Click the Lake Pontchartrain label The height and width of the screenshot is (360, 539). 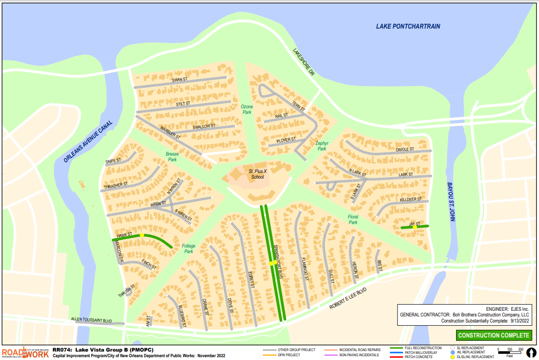pos(408,26)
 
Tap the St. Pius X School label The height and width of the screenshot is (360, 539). pos(256,174)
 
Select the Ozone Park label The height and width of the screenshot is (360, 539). pos(247,110)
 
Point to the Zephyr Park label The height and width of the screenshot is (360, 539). pos(321,146)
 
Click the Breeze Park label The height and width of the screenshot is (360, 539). pos(172,157)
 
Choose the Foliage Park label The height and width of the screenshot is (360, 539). pos(188,248)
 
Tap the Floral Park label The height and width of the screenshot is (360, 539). pos(353,219)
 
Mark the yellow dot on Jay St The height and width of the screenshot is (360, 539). pos(415,227)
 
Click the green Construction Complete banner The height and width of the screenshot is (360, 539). pos(494,335)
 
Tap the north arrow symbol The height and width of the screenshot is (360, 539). pos(531,352)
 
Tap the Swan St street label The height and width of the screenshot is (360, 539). pos(180,80)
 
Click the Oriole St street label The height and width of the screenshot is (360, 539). pos(405,150)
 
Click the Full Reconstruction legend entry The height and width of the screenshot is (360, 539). pos(416,348)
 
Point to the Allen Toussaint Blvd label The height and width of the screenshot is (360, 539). pos(91,320)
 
